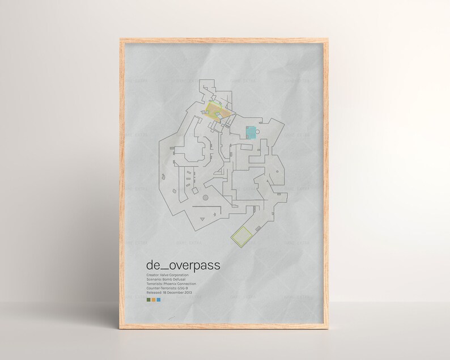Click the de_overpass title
(x=183, y=265)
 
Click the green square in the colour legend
(x=148, y=299)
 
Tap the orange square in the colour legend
(x=153, y=299)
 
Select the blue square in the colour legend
(x=158, y=299)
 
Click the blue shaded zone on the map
(x=250, y=132)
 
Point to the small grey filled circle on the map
(x=162, y=177)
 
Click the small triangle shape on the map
(x=202, y=219)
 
